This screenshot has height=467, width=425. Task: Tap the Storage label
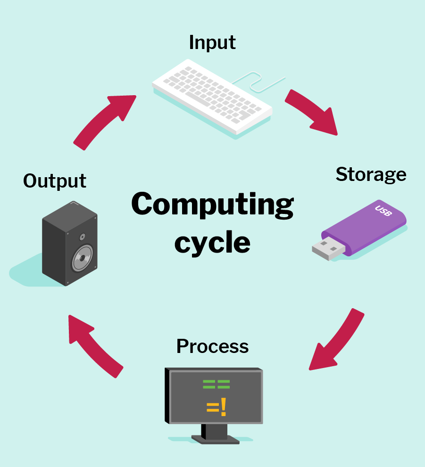coord(371,175)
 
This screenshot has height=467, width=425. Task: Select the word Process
coord(212,346)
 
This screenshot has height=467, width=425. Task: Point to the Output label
coord(55,181)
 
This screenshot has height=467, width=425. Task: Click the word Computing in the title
coord(212,205)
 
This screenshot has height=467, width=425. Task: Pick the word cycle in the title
coord(212,243)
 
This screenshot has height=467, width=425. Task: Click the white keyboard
coord(212,97)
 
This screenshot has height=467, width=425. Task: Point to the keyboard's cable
coord(258,82)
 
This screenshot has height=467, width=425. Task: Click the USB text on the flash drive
coord(383,211)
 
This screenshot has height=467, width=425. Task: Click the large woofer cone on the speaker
coord(82,258)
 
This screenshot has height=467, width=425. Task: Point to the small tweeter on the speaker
coord(82,237)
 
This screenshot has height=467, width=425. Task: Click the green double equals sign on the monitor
coord(217,384)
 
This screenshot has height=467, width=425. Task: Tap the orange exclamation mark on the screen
coord(223,407)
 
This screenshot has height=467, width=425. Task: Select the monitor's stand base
coord(216,439)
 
